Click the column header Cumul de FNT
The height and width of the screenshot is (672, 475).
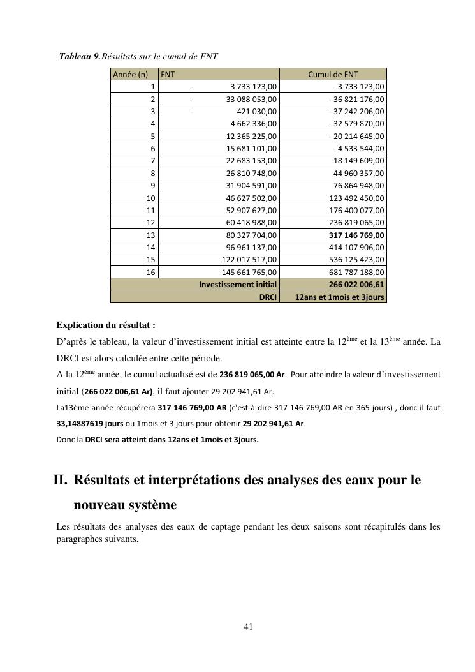point(333,75)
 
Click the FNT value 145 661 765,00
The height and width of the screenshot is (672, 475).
point(249,272)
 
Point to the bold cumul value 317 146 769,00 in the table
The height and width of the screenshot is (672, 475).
point(356,235)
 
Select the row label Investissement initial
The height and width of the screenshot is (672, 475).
point(238,285)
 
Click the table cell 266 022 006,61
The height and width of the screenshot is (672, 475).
point(356,285)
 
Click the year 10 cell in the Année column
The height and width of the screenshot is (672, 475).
point(151,198)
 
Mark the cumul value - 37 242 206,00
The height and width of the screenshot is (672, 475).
point(356,112)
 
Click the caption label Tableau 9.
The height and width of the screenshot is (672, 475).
point(80,56)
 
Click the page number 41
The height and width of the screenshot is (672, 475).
point(249,627)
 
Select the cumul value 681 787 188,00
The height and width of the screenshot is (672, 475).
point(356,272)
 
